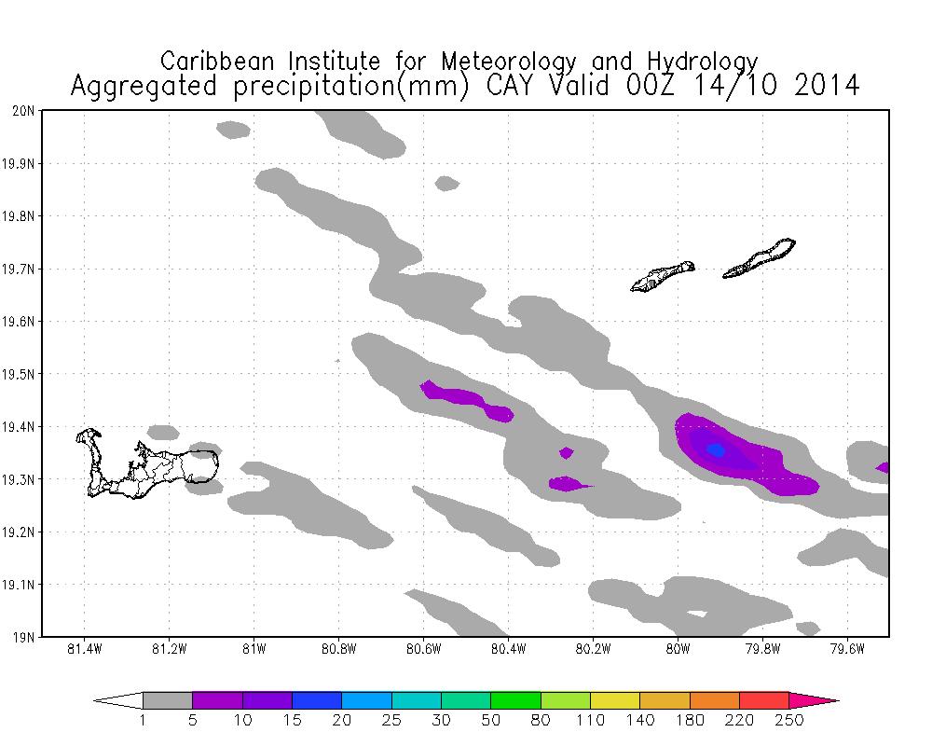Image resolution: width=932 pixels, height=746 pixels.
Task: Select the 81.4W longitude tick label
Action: (x=85, y=649)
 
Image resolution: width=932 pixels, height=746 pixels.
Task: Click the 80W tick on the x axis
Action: (x=678, y=649)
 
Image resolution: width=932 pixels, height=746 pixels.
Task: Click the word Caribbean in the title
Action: (x=220, y=62)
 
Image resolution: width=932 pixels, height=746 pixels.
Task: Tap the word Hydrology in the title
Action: (x=699, y=62)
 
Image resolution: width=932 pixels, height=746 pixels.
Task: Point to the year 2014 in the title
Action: (x=821, y=87)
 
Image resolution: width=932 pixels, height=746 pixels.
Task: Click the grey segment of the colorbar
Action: (x=168, y=699)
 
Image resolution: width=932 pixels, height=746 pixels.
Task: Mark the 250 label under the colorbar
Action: (x=788, y=719)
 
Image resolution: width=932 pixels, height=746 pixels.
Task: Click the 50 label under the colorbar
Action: (x=491, y=719)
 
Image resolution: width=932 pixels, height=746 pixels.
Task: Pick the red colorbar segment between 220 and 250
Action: (x=764, y=699)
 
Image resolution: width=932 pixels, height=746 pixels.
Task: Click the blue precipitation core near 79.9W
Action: (x=716, y=449)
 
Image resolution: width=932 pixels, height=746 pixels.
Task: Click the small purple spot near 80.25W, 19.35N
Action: (x=566, y=453)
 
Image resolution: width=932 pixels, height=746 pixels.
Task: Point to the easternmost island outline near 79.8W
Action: (x=760, y=258)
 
